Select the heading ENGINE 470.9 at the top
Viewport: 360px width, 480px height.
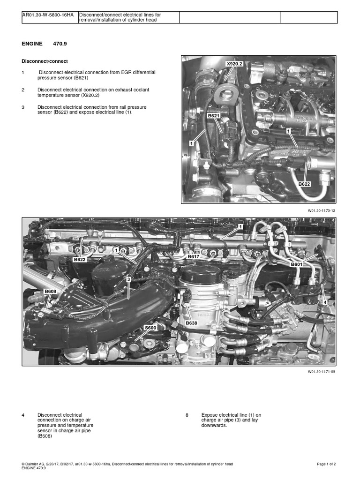click(47, 44)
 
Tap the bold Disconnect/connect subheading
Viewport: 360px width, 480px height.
click(45, 61)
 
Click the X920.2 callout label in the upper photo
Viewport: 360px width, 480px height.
click(234, 64)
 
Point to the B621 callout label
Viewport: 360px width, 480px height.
click(214, 115)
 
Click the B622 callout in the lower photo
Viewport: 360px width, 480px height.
click(79, 259)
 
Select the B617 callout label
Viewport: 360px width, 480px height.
click(194, 257)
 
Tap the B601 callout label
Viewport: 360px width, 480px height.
click(297, 264)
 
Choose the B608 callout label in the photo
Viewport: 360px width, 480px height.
click(50, 291)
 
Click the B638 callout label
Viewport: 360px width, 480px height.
click(191, 323)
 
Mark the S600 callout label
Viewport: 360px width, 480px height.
click(150, 328)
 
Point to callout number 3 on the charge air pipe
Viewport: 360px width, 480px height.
click(127, 279)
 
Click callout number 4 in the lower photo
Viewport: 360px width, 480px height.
click(324, 302)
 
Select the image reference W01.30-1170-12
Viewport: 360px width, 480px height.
click(322, 210)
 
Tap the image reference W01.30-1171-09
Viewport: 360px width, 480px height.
click(322, 371)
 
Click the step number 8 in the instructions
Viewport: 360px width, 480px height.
click(187, 415)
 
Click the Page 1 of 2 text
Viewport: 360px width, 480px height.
click(326, 464)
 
